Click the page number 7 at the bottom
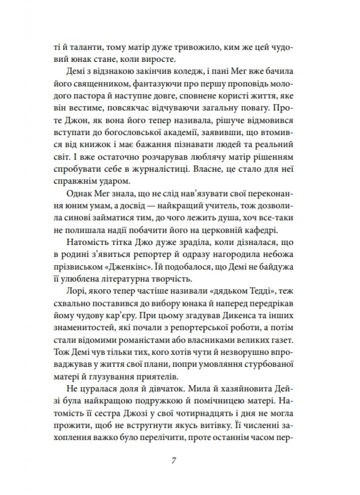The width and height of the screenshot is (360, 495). point(174,461)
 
